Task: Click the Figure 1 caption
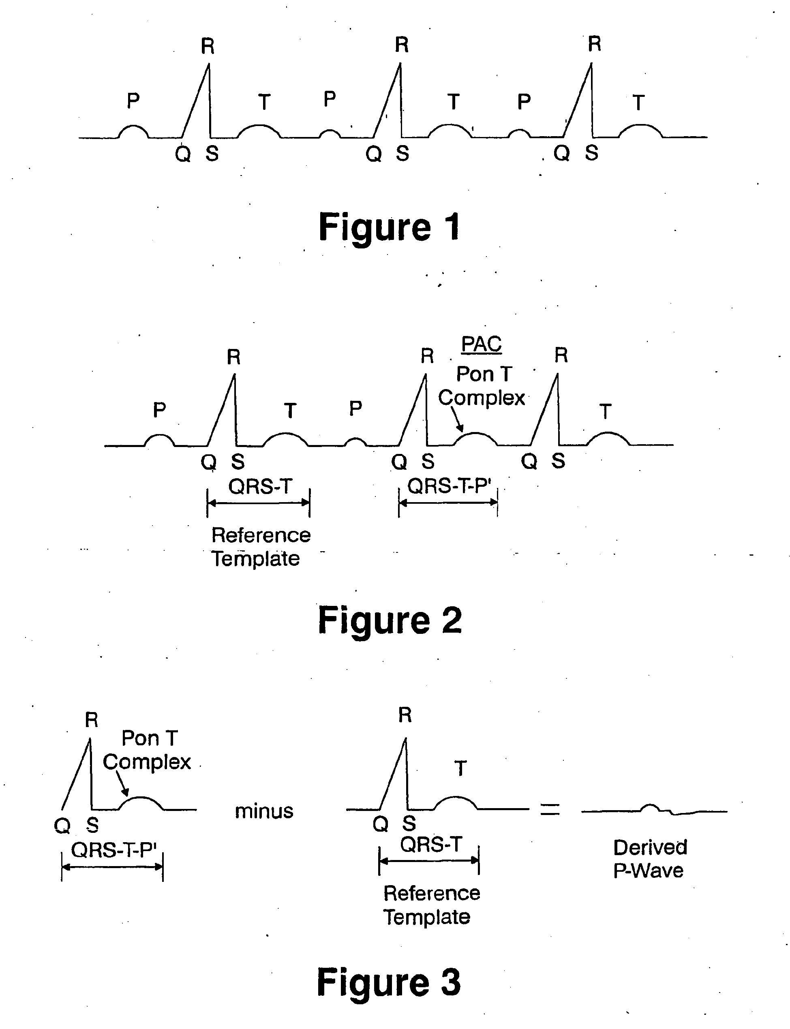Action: point(390,227)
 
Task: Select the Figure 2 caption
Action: point(390,620)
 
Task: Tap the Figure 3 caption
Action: point(389,982)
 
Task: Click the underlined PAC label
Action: point(481,344)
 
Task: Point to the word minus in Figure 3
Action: point(264,811)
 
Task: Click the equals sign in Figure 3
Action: point(550,809)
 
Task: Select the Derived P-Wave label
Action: point(650,858)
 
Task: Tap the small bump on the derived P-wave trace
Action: point(650,807)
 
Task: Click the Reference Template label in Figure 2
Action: point(260,547)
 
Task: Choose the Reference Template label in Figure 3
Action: point(431,905)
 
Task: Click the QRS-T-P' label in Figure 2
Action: point(449,486)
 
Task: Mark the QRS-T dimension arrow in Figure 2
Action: point(258,503)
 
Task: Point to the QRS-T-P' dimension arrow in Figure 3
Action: point(112,866)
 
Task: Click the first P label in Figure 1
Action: point(133,101)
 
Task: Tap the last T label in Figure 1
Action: point(638,103)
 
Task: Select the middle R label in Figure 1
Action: point(401,45)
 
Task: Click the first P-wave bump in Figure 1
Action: point(133,129)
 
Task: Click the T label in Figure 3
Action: point(460,768)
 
